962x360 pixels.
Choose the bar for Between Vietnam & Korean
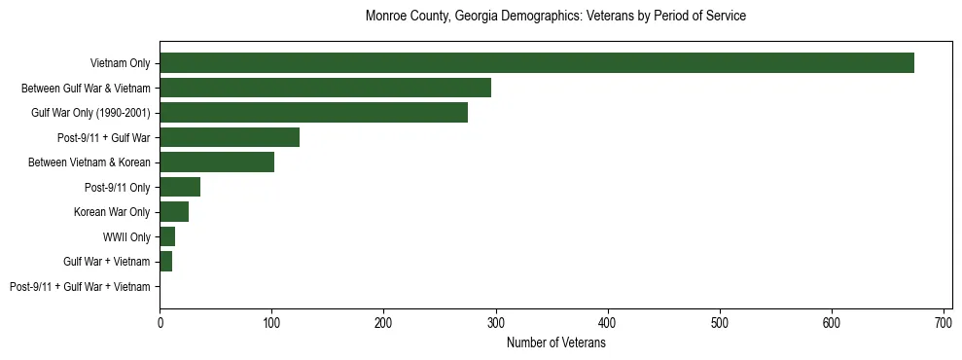click(x=217, y=162)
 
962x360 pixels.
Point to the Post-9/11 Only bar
click(x=180, y=187)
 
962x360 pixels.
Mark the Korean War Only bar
click(x=174, y=212)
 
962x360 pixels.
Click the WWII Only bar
click(x=167, y=236)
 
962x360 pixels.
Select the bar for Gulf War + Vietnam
click(x=166, y=262)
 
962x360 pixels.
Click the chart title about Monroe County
click(x=555, y=17)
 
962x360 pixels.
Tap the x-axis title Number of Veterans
click(x=555, y=343)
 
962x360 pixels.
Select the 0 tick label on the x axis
click(x=160, y=322)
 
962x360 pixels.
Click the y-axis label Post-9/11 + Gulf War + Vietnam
click(x=80, y=287)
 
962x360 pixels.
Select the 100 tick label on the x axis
click(x=271, y=322)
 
